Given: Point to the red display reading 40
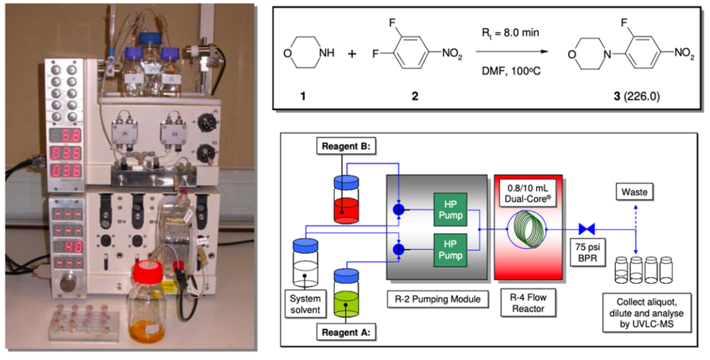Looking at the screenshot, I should click(68, 247).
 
